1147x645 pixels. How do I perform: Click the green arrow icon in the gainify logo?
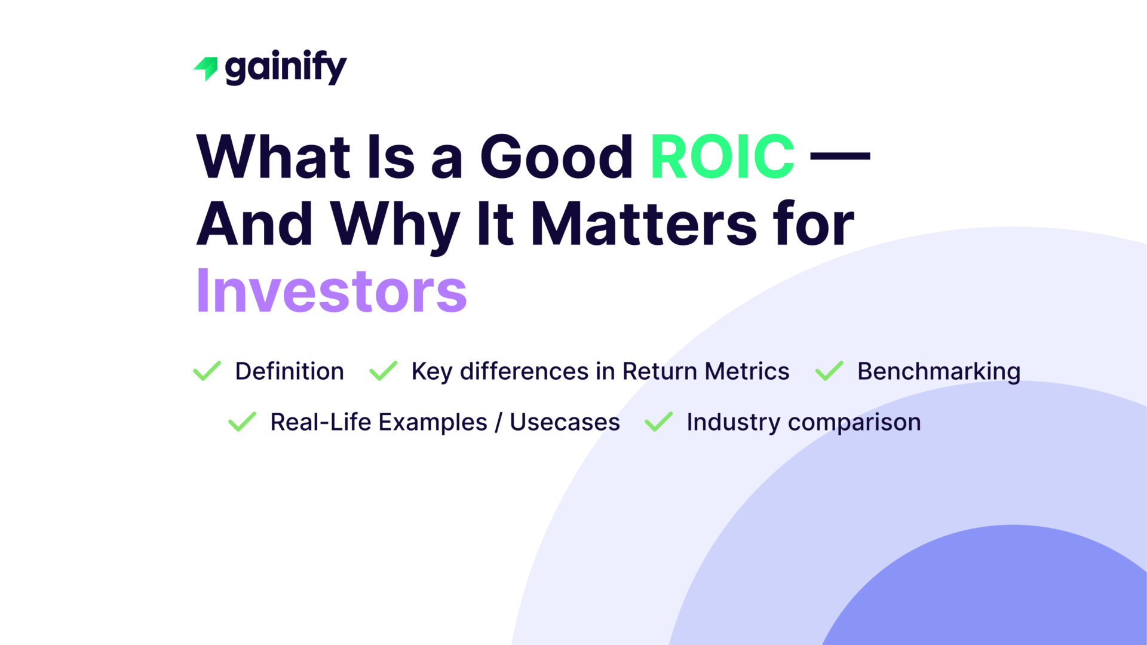tap(207, 68)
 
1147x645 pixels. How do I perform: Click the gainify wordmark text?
tap(286, 67)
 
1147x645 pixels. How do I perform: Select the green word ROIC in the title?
tap(722, 157)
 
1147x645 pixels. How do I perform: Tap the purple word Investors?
tap(332, 291)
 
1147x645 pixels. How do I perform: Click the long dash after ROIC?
tap(840, 156)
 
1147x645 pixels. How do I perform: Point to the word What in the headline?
tap(274, 157)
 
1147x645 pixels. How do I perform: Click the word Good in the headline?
tap(556, 157)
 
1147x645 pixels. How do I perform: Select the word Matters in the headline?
tap(644, 225)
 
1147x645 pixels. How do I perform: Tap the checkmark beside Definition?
tap(207, 371)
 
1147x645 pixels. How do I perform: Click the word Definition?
tap(289, 371)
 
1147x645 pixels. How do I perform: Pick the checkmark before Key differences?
tap(384, 371)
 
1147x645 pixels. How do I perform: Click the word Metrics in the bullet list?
tap(747, 371)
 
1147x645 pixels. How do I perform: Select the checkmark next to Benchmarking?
tap(829, 371)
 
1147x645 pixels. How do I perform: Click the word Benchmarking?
tap(939, 371)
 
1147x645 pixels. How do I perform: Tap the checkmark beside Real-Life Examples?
tap(243, 422)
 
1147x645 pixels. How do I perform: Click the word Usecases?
tap(565, 422)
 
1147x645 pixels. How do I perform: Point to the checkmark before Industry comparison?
tap(659, 422)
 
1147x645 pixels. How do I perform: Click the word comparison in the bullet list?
tap(854, 423)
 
